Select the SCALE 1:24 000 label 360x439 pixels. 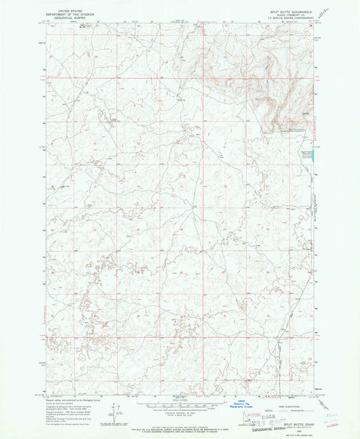(x=180, y=401)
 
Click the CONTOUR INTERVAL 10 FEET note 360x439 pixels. (x=180, y=415)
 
